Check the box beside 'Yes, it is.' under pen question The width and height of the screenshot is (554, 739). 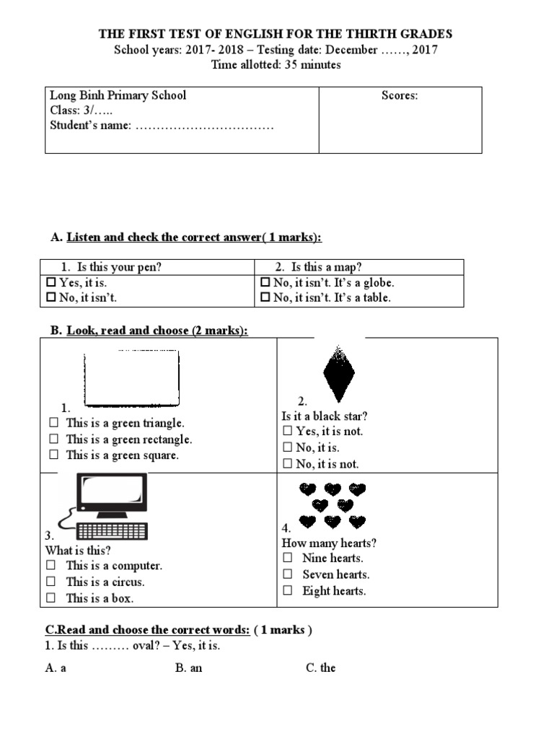tap(51, 283)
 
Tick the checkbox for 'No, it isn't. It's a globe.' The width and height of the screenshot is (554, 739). tap(265, 283)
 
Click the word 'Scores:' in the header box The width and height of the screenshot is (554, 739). tap(400, 95)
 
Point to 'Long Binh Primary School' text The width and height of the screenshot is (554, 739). tap(118, 95)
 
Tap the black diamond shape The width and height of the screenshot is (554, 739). tap(338, 373)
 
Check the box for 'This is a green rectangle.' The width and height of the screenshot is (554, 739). tap(53, 440)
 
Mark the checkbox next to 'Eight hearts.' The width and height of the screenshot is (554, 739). tap(288, 590)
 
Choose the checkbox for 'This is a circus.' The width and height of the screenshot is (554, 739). tap(51, 582)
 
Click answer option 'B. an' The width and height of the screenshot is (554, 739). tap(188, 668)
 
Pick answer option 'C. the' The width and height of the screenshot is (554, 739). tap(320, 668)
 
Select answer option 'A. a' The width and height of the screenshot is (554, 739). tap(56, 668)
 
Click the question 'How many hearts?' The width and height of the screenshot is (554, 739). tap(329, 543)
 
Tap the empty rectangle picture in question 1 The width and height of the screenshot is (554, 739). tap(131, 379)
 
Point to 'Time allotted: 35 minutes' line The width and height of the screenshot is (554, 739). tap(276, 65)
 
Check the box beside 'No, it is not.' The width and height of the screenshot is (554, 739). tap(287, 464)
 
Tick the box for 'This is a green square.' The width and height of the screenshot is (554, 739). tap(53, 455)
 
